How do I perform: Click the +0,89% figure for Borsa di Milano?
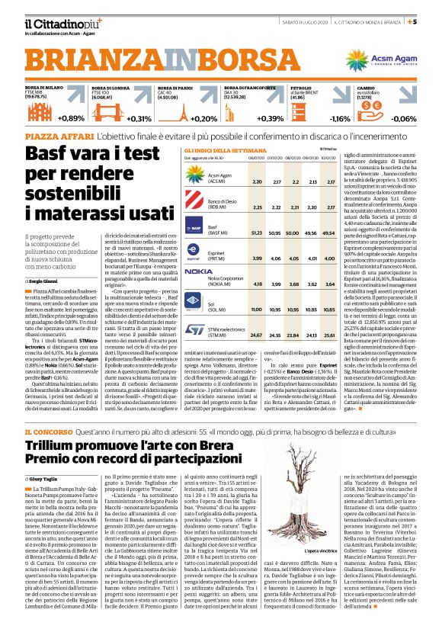[70, 118]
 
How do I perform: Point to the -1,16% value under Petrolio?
[339, 119]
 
